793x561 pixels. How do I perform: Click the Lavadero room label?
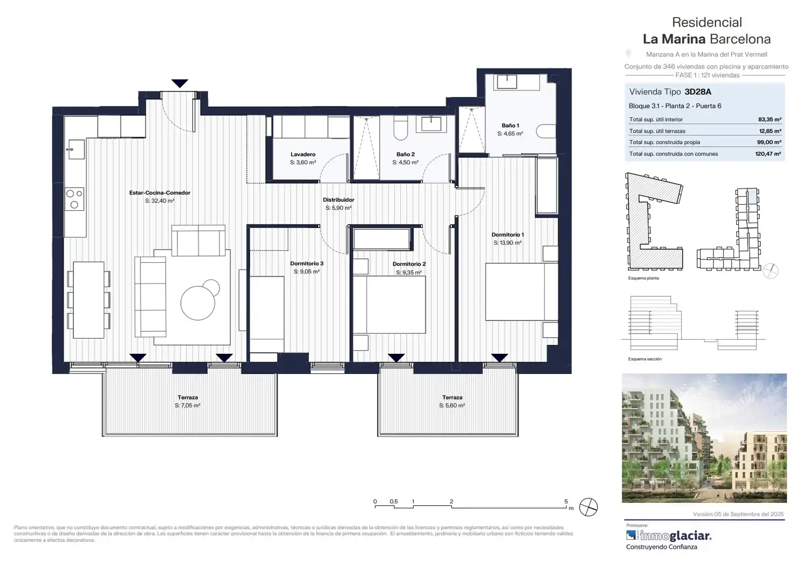[303, 154]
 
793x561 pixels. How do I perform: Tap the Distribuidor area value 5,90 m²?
[339, 208]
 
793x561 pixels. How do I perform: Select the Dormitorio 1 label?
[508, 234]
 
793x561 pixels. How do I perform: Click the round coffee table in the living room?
[198, 303]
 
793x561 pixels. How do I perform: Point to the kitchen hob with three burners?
[74, 199]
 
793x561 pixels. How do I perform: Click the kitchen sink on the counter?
[76, 149]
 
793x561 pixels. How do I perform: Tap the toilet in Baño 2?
[400, 128]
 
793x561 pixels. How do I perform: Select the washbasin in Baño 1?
[507, 82]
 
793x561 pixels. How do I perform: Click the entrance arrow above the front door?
[180, 84]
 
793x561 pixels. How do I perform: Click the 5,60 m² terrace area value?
[452, 405]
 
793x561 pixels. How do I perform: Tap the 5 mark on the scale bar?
[566, 501]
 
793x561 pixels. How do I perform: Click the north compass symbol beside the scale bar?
[588, 507]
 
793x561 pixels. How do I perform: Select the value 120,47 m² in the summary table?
[768, 154]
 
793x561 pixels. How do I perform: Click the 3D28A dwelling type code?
[698, 91]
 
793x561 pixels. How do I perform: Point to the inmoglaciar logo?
[669, 536]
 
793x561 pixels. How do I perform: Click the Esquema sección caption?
[645, 359]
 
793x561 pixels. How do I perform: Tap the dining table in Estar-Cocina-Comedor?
[88, 300]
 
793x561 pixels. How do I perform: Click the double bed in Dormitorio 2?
[389, 304]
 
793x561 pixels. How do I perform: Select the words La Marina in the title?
[674, 39]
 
